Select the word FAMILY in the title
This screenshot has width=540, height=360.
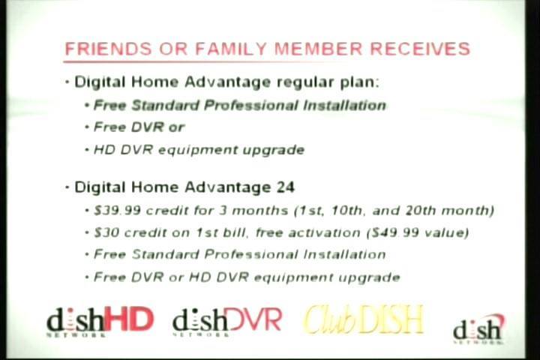[231, 49]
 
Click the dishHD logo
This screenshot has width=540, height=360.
[100, 322]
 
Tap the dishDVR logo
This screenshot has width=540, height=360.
[227, 322]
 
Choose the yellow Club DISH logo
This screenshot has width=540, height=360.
[363, 319]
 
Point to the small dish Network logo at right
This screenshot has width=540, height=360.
[478, 329]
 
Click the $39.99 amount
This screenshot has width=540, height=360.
[117, 211]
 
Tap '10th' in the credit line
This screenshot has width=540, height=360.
[347, 211]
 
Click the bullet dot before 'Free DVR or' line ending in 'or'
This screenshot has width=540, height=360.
[87, 127]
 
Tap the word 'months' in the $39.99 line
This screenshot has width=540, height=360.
[259, 211]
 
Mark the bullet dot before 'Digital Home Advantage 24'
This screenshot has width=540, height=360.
[67, 187]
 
